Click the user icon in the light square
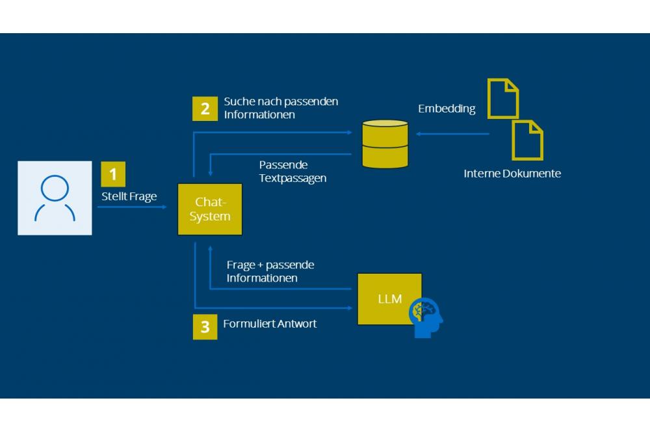tap(55, 198)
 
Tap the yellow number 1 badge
tap(113, 174)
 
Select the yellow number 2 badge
tap(205, 109)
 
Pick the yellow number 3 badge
tap(205, 327)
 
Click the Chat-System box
tap(210, 209)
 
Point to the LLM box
tap(389, 299)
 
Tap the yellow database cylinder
tap(385, 144)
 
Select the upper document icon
tap(503, 98)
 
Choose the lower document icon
tap(527, 139)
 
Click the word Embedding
tap(447, 109)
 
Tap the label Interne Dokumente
tap(512, 174)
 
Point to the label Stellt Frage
tap(129, 196)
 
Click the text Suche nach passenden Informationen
tap(281, 108)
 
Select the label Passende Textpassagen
tap(292, 171)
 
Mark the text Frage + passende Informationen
tap(270, 271)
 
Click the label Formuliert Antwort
tap(270, 324)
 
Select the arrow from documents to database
tap(452, 134)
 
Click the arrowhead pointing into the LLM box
tap(351, 307)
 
